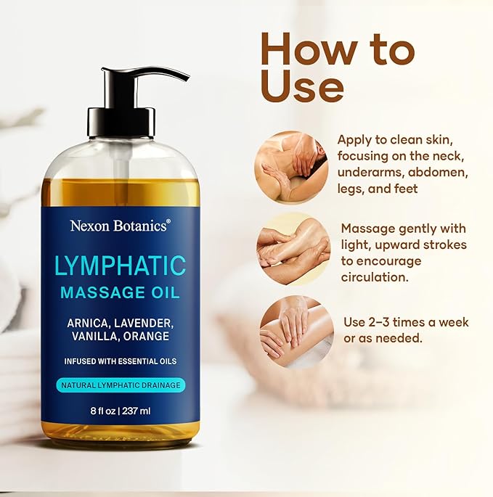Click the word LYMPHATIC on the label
(120, 265)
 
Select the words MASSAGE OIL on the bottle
(120, 292)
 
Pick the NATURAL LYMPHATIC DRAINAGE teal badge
(120, 385)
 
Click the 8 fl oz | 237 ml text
(120, 410)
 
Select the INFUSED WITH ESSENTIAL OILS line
(120, 361)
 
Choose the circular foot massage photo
(293, 248)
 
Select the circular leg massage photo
(296, 330)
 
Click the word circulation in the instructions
(376, 277)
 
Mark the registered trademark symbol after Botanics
(169, 221)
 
